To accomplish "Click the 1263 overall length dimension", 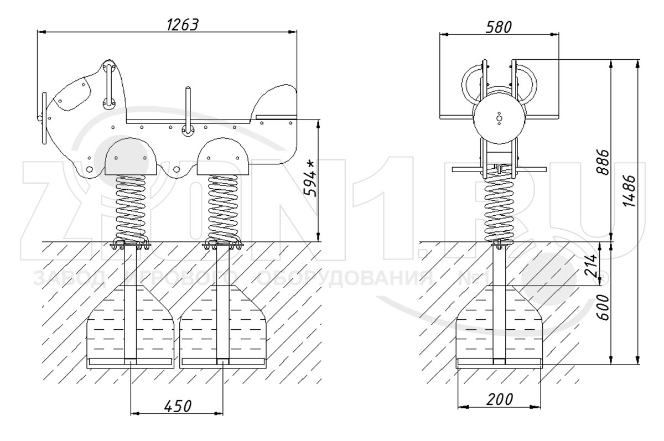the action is click(182, 25).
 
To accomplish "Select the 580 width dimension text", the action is click(499, 27).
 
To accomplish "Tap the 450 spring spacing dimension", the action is click(178, 406).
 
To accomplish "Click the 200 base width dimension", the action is click(500, 400).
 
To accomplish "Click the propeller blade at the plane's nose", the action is click(44, 118).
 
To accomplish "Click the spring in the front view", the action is click(500, 207).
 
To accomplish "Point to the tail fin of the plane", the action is click(276, 101).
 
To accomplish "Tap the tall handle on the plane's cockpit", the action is click(109, 85).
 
